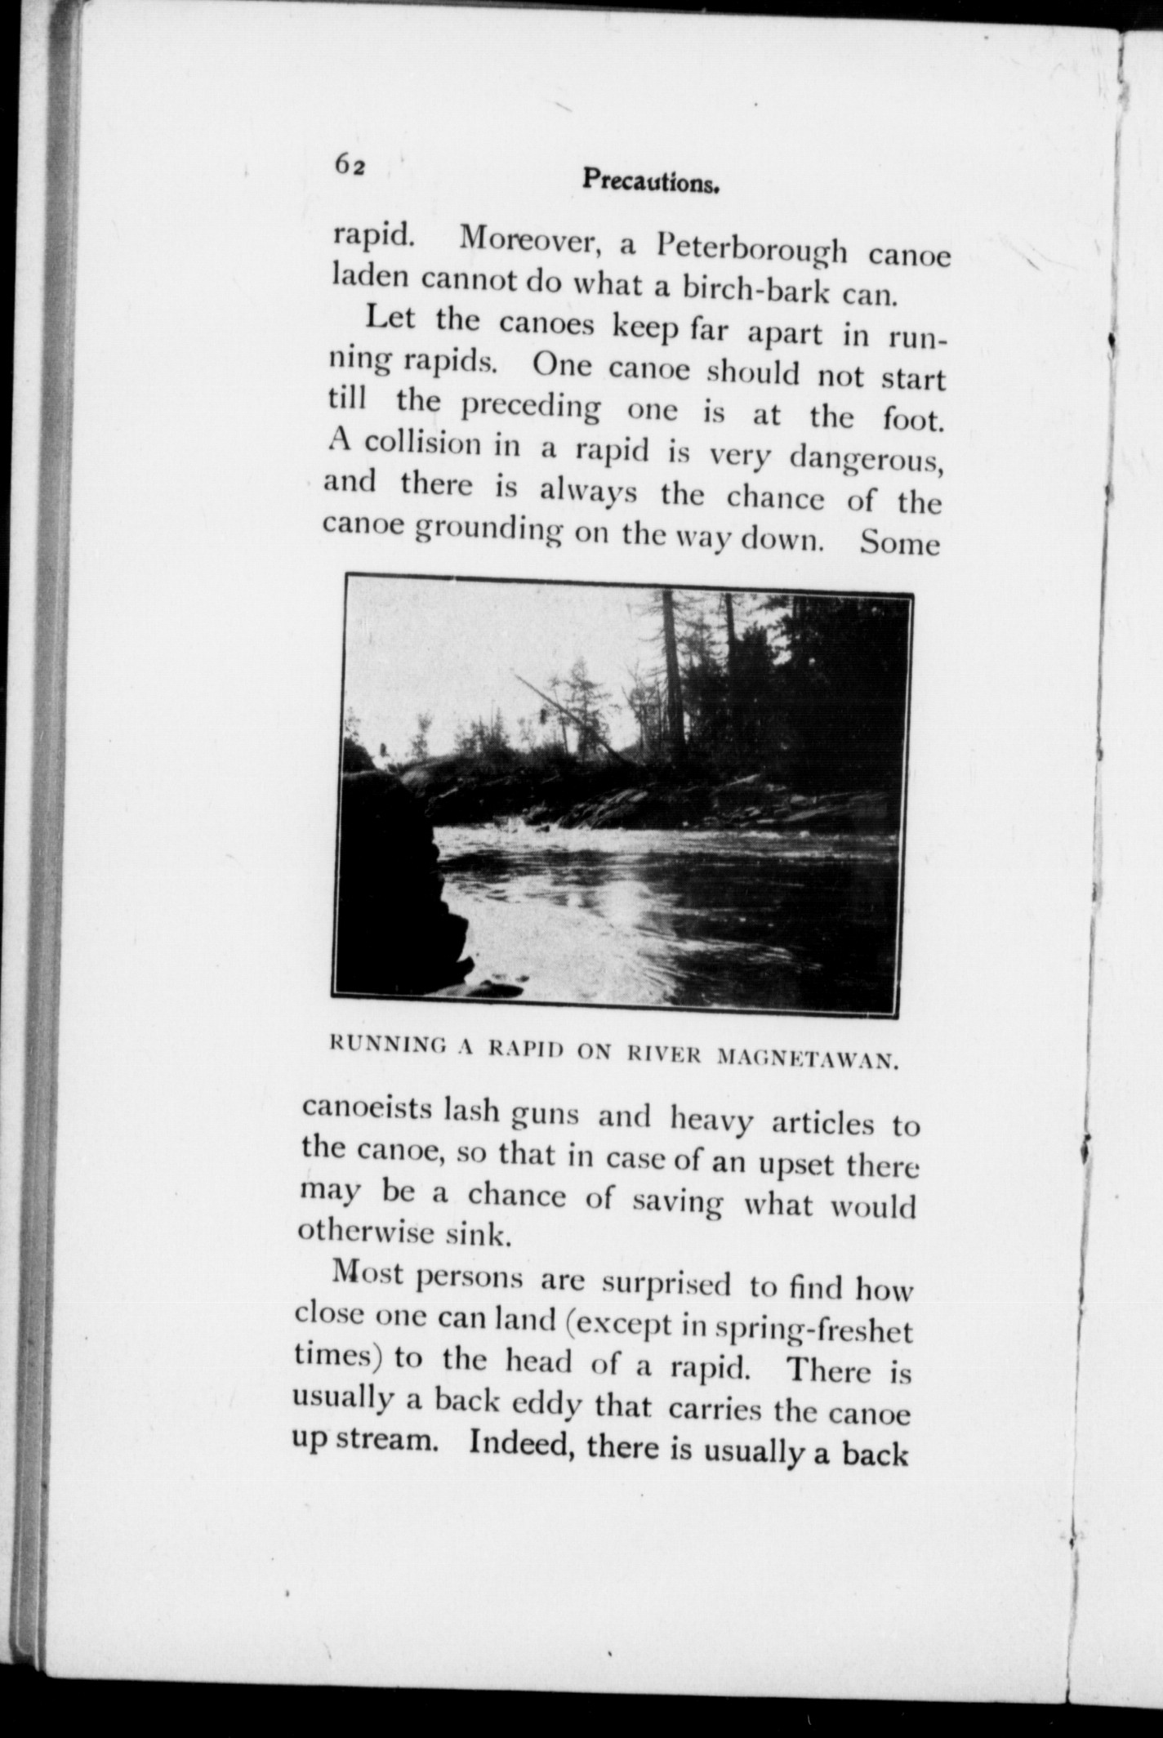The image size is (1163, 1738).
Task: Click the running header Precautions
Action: (650, 181)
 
